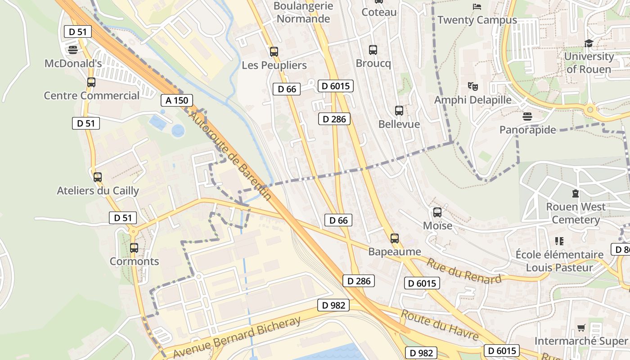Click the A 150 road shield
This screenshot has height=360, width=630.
pos(177,100)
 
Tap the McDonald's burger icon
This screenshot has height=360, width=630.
pos(73,49)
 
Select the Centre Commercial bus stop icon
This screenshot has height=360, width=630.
pos(91,82)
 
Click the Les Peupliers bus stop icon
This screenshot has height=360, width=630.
pos(274,52)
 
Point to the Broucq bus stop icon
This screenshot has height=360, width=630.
pos(373,50)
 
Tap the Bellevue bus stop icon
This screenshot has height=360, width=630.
pos(399,111)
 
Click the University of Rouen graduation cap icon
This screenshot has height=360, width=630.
pos(589,44)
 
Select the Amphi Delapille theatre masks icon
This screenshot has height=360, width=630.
pos(472,85)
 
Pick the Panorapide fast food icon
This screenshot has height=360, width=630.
pos(527,117)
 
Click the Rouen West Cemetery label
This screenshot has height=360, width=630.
pos(576,213)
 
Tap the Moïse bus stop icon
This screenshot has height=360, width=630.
pos(437,212)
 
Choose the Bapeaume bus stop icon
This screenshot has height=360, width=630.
pos(395,238)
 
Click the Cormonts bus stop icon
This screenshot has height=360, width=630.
pos(134,248)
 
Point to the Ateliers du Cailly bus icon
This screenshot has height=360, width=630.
pos(98,177)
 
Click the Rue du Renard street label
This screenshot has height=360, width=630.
pos(463,271)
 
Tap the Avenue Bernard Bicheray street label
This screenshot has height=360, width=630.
pos(237,337)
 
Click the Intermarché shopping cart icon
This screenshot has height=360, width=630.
pos(581,328)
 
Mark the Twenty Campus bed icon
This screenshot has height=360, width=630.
pos(477,7)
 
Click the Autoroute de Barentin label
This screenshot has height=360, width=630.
pos(229,155)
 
